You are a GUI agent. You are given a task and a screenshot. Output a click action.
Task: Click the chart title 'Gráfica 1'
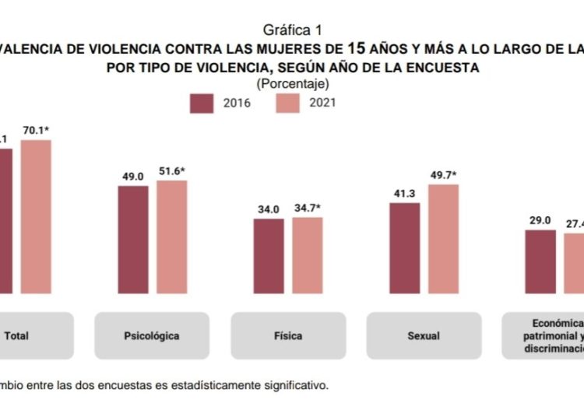[292, 30]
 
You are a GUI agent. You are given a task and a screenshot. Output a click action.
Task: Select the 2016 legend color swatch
[202, 103]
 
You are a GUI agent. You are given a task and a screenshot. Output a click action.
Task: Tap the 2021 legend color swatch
[288, 103]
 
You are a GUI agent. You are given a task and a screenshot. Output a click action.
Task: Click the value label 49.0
[132, 177]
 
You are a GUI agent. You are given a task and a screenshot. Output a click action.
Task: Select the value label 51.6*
[173, 171]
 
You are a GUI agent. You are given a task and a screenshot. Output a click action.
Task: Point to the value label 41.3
[404, 194]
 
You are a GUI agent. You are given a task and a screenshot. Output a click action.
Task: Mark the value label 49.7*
[444, 175]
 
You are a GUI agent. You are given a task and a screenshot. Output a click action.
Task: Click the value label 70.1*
[37, 131]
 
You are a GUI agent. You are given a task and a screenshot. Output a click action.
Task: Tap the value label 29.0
[540, 221]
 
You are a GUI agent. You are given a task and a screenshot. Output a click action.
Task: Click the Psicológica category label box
[151, 336]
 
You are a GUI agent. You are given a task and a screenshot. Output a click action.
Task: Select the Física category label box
[288, 336]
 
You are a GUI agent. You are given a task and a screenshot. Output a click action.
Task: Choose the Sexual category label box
[424, 336]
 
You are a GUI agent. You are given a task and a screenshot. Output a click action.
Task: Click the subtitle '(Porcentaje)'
[292, 82]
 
